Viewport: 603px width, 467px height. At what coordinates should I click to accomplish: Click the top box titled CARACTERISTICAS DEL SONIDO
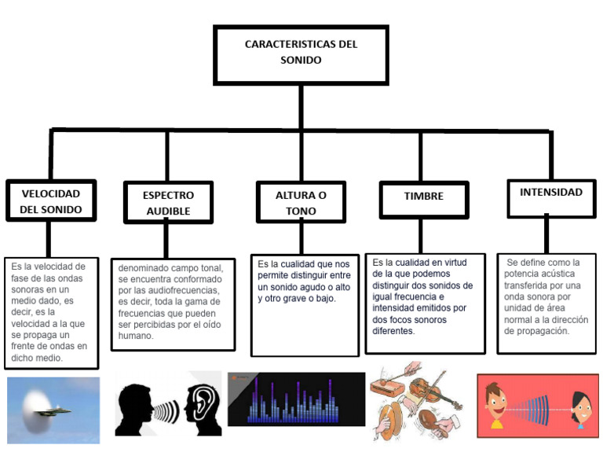coord(301,53)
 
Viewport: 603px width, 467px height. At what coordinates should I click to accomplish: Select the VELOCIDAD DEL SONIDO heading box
coord(51,201)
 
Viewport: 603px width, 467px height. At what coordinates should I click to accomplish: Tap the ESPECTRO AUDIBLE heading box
coord(168,203)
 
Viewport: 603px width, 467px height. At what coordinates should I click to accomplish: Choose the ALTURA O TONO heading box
coord(301,203)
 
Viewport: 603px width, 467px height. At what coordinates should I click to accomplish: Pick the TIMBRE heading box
coord(423,198)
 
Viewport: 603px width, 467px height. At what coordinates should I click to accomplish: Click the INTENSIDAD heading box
coord(550,193)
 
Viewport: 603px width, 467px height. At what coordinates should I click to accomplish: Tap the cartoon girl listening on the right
coord(579,409)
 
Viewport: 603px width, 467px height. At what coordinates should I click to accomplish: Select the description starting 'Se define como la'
coord(545,296)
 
